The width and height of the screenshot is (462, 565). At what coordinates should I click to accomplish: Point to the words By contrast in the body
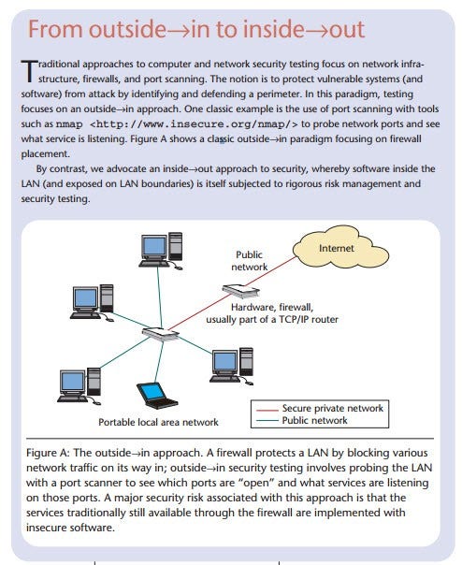point(63,167)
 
